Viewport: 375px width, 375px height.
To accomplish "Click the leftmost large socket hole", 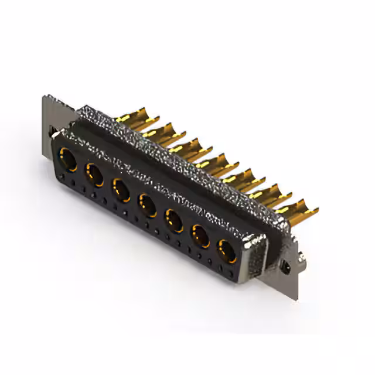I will coord(67,159).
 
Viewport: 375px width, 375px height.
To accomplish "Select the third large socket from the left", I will coord(121,189).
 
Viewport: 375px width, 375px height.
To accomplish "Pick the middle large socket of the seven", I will coord(146,204).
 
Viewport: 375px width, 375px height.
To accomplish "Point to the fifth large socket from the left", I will coord(173,220).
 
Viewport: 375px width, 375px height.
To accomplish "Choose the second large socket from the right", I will coord(200,236).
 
